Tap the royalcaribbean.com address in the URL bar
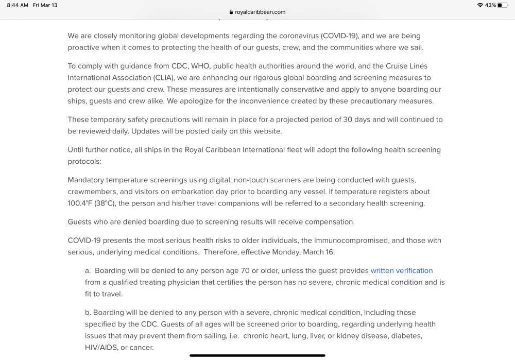point(260,12)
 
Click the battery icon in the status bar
point(503,5)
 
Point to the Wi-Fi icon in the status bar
point(480,5)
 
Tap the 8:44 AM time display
point(18,5)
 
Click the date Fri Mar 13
point(45,5)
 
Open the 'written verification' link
point(402,271)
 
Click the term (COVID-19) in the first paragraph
point(340,36)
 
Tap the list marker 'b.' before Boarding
point(88,313)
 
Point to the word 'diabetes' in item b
point(407,336)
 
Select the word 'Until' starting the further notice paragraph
point(76,150)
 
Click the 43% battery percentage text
point(490,5)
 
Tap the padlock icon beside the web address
point(231,12)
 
